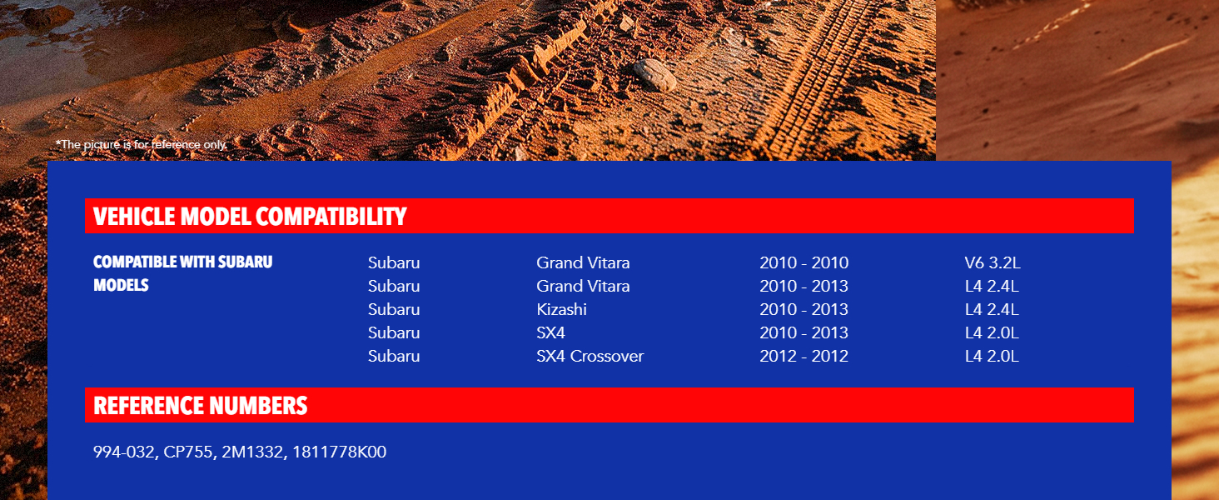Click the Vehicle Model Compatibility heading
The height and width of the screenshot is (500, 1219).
pos(250,216)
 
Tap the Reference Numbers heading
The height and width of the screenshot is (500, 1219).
pos(201,406)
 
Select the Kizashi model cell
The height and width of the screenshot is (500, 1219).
pos(561,309)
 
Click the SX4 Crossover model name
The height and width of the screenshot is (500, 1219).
pos(590,356)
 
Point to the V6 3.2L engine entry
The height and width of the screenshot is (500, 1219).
pos(993,262)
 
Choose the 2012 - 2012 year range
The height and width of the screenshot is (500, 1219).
pos(804,356)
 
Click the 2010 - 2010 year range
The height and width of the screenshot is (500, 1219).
pos(804,262)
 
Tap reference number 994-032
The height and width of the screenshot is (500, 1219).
pos(123,452)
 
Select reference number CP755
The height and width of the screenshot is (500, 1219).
pos(187,452)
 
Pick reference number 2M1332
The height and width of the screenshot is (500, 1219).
pos(252,452)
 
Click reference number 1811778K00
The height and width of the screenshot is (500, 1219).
pos(339,452)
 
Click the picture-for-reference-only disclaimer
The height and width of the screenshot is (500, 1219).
pos(142,144)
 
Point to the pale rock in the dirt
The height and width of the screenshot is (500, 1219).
pos(654,75)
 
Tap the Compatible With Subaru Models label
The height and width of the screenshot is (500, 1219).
pos(183,273)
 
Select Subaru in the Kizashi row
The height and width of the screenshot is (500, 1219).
pos(394,309)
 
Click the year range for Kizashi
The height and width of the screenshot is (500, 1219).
pos(804,309)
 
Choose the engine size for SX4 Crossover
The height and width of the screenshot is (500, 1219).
pos(992,356)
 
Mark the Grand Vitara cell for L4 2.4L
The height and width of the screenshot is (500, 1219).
pos(583,286)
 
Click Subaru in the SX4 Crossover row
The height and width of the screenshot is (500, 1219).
pos(394,356)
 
